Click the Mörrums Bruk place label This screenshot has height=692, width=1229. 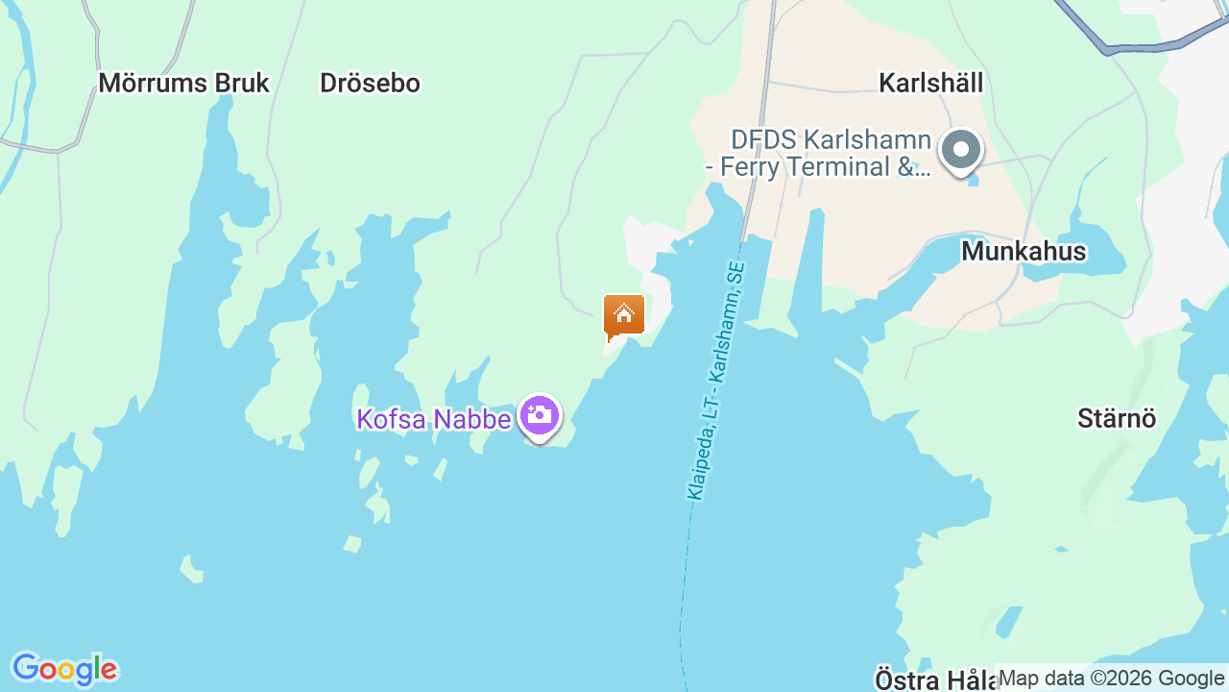coord(183,84)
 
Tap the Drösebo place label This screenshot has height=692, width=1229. coord(370,84)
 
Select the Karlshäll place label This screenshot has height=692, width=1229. coord(930,84)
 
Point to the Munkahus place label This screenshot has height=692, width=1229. coord(1024,252)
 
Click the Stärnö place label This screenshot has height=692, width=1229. coord(1117,419)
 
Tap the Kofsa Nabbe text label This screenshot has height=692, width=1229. coord(433,419)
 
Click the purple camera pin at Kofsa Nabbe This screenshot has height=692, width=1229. coord(540,416)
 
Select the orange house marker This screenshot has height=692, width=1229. coord(624,315)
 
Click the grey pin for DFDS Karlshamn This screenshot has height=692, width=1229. coord(960,151)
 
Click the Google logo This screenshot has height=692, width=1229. coord(64,669)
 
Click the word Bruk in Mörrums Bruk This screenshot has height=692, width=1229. coord(242,84)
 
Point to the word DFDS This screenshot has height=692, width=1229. coord(764,140)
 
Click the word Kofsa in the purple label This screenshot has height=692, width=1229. coord(390,419)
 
